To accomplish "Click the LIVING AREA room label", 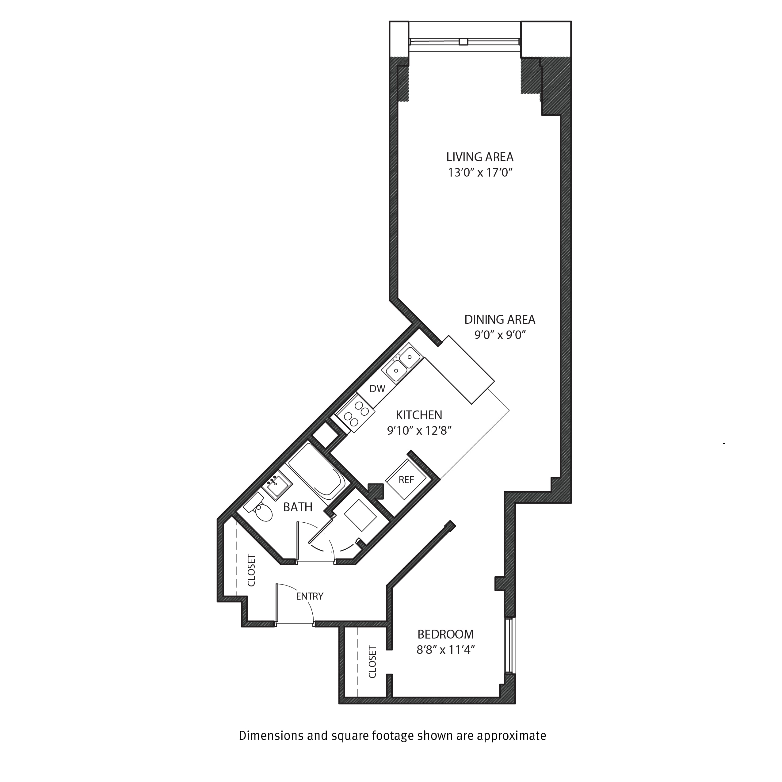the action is pos(480,157).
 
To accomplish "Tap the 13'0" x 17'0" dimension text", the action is pos(480,173).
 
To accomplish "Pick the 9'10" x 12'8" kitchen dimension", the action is pos(419,431).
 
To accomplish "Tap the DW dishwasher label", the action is pos(377,389).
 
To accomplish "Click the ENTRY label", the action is pos(310,596).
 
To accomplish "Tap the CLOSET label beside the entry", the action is pos(251,570).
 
